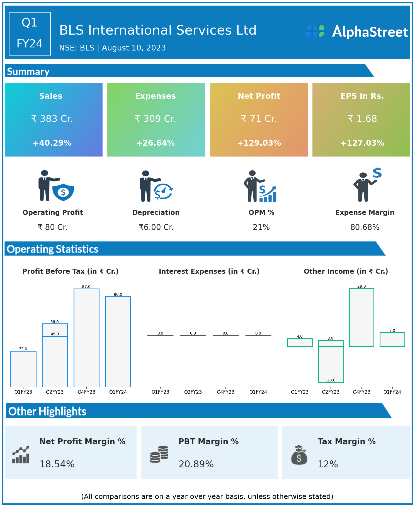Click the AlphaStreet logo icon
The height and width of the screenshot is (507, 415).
pos(315,31)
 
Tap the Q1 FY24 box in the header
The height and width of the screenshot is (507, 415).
pos(30,33)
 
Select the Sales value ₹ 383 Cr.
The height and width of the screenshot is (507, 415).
pos(52,119)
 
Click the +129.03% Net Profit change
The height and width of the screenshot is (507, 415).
pos(259,143)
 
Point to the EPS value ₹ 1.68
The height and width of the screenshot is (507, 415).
pos(362,119)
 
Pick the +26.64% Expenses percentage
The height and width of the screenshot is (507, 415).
pos(156,143)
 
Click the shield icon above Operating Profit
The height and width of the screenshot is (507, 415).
pos(63,192)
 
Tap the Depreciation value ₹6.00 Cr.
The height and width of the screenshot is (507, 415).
pos(156,227)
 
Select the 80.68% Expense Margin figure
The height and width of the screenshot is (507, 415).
pos(365,227)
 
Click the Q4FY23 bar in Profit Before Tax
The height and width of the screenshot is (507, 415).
pos(86,338)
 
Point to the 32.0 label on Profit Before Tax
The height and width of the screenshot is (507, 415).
pos(23,349)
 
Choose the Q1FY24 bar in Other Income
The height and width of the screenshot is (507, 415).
pos(392,340)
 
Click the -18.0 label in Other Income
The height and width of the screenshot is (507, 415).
pos(331,380)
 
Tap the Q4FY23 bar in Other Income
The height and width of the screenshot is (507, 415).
pos(361,318)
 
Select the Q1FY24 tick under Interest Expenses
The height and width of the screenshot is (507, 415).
pos(258,392)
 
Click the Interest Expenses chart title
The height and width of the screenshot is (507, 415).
pos(209,271)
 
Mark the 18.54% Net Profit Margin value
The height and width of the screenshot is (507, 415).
pos(57,464)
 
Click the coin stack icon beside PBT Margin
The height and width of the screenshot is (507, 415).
pos(159,454)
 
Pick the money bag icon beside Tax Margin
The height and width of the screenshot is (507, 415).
pos(299,455)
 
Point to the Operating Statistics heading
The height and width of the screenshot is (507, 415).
pos(53,249)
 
